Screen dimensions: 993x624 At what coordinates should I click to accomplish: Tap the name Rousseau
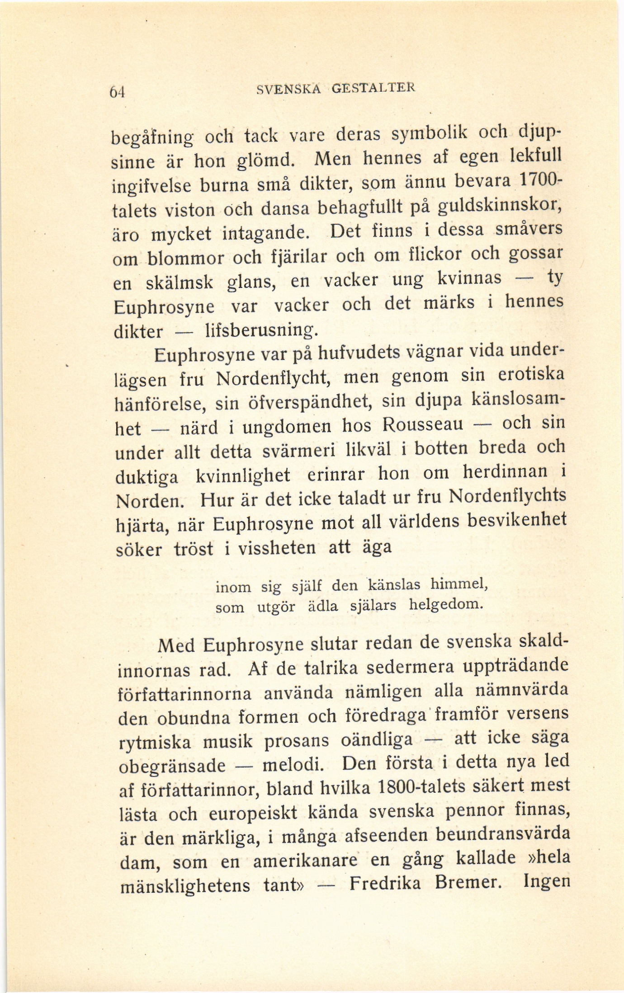pyautogui.click(x=422, y=424)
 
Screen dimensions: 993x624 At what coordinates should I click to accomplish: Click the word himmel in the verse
pyautogui.click(x=458, y=584)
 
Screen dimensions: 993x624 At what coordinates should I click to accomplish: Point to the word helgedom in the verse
pyautogui.click(x=445, y=604)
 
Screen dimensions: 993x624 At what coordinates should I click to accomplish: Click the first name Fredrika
pyautogui.click(x=385, y=883)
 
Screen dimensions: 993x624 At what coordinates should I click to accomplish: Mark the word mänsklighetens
pyautogui.click(x=185, y=885)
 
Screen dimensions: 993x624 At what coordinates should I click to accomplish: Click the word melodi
pyautogui.click(x=292, y=764)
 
